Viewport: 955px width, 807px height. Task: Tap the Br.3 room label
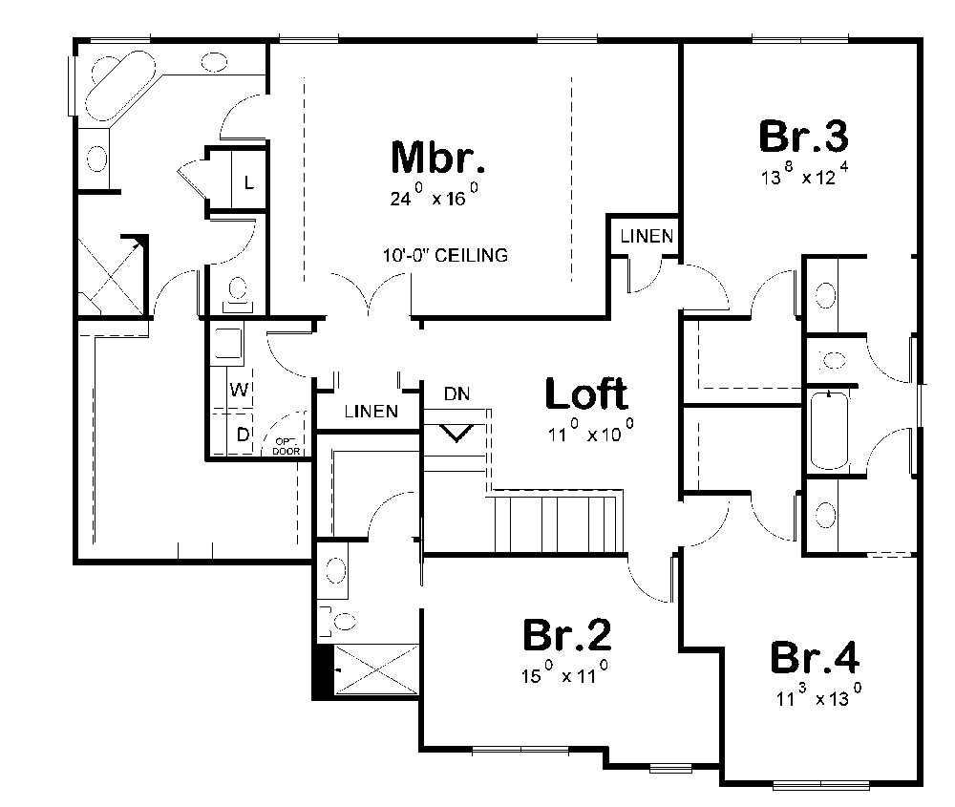point(803,137)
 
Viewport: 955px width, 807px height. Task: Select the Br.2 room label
point(567,635)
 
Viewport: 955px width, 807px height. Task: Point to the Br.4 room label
point(815,659)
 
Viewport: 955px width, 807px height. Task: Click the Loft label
point(585,393)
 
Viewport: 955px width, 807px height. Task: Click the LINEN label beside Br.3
point(647,236)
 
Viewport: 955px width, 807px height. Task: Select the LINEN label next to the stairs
point(371,413)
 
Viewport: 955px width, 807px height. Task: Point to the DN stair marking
point(456,393)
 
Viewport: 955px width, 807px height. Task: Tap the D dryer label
point(242,435)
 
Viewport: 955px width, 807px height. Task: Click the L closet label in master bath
point(247,181)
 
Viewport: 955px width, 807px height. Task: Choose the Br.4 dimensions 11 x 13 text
point(819,698)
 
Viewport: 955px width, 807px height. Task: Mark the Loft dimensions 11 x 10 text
point(589,435)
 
